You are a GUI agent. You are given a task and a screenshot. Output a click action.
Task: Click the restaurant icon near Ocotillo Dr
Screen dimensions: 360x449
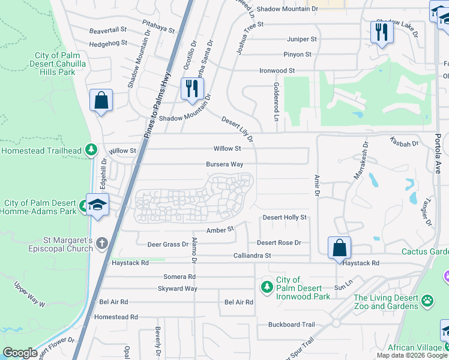(192, 89)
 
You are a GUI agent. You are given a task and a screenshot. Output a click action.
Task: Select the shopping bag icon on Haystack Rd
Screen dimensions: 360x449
(339, 247)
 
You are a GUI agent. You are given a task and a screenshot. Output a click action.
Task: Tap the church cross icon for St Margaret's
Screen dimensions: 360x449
(102, 243)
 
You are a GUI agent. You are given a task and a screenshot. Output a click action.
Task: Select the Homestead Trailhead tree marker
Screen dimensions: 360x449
(91, 149)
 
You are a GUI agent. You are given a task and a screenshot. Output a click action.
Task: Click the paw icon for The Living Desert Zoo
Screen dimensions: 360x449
(427, 300)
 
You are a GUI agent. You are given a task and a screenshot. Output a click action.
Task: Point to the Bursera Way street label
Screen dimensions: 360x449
(224, 164)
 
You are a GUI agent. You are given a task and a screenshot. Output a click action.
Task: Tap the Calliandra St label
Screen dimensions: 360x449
(252, 256)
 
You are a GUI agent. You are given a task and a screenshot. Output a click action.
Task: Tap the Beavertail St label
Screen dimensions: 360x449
(108, 29)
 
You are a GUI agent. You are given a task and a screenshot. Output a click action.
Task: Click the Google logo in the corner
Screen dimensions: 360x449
(20, 352)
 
